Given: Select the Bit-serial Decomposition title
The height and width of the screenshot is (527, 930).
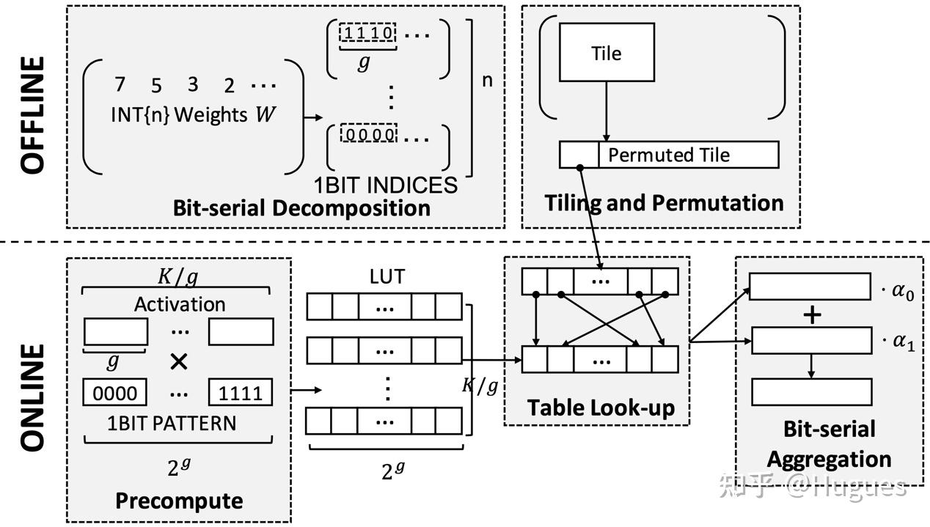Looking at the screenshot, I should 301,207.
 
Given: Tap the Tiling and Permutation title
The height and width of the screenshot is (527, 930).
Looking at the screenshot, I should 664,202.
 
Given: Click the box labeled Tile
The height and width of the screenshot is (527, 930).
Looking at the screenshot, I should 607,52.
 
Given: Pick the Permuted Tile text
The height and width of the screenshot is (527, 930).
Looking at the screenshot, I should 669,155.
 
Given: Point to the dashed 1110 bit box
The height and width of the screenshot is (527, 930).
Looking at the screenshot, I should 367,33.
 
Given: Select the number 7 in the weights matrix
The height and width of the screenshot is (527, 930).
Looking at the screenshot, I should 120,85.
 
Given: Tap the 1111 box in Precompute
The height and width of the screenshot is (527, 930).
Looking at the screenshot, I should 241,393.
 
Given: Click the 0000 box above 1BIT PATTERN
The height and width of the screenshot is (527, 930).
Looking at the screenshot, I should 115,393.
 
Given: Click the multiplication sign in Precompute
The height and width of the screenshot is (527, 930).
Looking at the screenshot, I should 178,362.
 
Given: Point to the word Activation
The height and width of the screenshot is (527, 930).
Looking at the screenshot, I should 179,304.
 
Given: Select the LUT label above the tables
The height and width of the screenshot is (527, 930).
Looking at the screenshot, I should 387,277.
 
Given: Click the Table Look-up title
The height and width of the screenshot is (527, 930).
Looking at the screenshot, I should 600,408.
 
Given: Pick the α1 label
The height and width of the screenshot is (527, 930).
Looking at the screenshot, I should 898,342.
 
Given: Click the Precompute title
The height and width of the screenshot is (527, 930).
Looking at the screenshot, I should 178,501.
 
